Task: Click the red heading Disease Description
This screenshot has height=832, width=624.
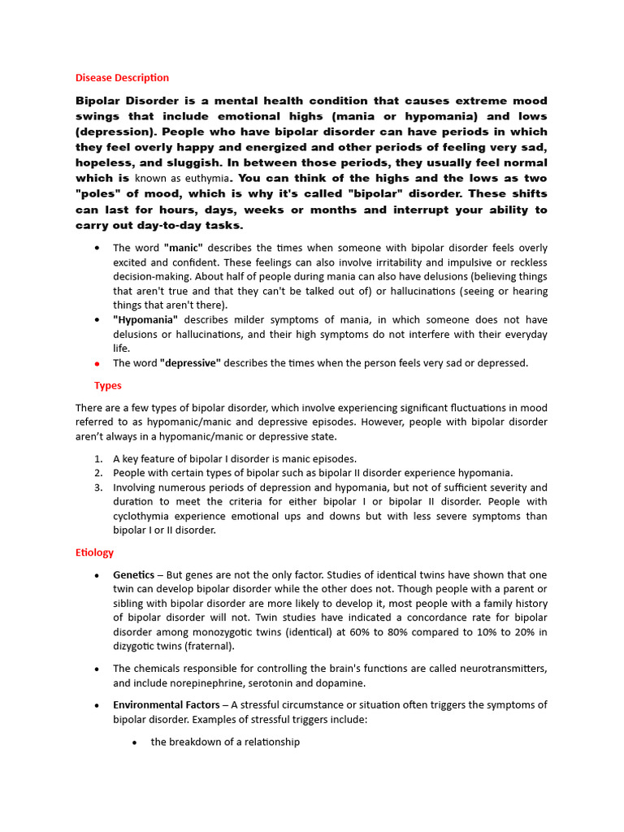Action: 122,78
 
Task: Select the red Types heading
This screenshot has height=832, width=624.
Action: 108,385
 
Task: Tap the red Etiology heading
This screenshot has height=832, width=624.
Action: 94,552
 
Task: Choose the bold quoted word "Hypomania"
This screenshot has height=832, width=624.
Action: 145,320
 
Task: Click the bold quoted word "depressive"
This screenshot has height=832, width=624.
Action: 190,363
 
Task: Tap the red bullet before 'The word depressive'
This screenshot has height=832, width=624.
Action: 97,364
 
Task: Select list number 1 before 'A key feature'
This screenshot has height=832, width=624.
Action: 97,459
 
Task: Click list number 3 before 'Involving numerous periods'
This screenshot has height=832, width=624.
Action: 97,488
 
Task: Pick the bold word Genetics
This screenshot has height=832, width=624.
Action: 133,575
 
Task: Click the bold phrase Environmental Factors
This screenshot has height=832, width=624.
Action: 166,704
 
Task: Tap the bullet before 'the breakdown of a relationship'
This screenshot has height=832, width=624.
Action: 135,743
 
